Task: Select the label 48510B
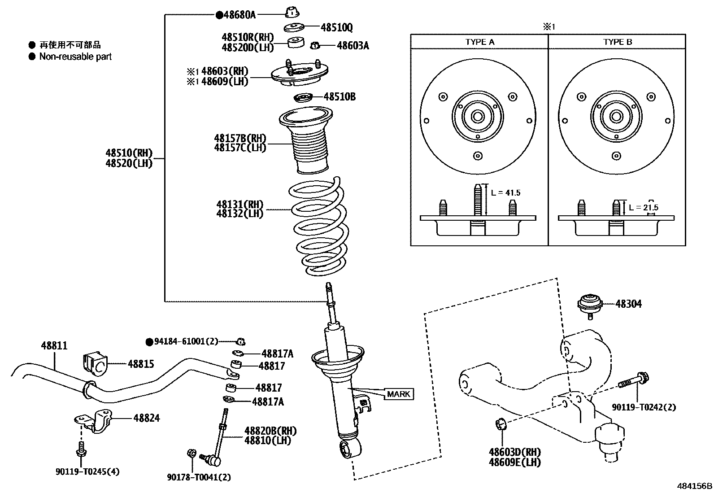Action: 340,97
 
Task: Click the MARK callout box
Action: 398,394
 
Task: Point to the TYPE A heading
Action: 479,42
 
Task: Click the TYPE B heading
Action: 618,42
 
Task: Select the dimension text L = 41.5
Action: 505,193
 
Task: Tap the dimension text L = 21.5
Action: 644,208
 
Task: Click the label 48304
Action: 628,304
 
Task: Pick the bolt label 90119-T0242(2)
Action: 644,407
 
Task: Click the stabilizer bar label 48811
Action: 54,346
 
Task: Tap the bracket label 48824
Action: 146,418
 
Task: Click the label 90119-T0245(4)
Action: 87,471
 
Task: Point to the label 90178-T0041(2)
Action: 199,478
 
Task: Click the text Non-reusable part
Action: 75,57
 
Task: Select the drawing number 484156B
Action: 694,486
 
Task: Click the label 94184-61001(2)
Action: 186,342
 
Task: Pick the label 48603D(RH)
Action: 514,452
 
